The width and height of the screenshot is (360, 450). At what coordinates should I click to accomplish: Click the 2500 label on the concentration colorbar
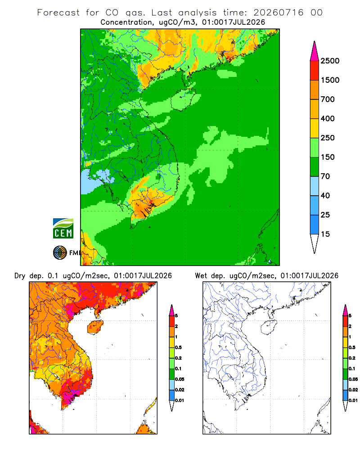click(330, 61)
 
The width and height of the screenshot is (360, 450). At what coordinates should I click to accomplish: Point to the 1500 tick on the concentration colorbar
click(330, 80)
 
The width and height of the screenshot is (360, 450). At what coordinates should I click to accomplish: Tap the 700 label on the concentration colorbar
click(328, 99)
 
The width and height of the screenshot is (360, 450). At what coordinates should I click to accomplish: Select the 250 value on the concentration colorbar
click(328, 138)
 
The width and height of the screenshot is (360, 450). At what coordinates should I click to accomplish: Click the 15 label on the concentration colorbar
click(325, 234)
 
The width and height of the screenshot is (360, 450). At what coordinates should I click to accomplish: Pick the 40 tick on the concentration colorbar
click(325, 195)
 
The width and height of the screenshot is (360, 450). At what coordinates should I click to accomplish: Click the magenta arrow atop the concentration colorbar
click(315, 51)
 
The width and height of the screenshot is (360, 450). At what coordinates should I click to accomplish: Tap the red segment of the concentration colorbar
click(315, 71)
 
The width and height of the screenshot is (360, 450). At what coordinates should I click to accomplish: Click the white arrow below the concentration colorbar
click(315, 243)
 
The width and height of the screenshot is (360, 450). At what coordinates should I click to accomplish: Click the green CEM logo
click(63, 229)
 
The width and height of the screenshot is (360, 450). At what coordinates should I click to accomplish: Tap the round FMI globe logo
click(60, 253)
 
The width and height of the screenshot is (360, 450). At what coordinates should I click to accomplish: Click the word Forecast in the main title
click(58, 13)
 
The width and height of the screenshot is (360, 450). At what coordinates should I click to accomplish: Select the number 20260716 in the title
click(278, 13)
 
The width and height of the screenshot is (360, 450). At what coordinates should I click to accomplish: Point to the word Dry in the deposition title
click(20, 276)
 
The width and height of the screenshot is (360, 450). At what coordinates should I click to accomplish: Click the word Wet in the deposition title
click(201, 276)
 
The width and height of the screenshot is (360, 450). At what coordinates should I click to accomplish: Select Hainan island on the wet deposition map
click(269, 328)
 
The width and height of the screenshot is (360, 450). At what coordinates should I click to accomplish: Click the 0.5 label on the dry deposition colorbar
click(178, 347)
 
